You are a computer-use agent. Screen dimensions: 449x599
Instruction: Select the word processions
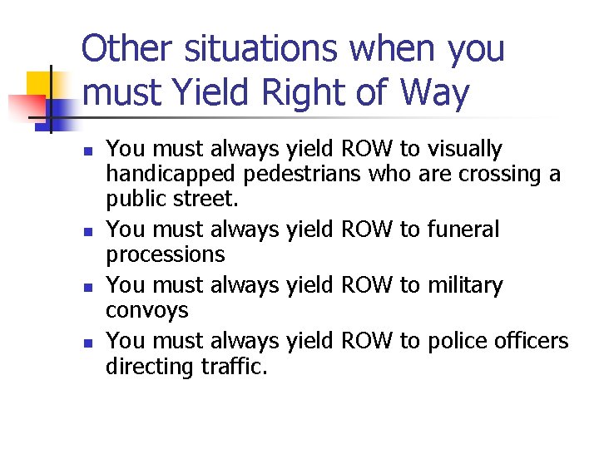pyautogui.click(x=166, y=254)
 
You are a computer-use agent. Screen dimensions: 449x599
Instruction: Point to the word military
pyautogui.click(x=465, y=286)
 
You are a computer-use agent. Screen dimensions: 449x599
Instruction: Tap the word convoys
pyautogui.click(x=147, y=311)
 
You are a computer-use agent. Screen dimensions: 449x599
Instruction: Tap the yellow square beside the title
pyautogui.click(x=42, y=86)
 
